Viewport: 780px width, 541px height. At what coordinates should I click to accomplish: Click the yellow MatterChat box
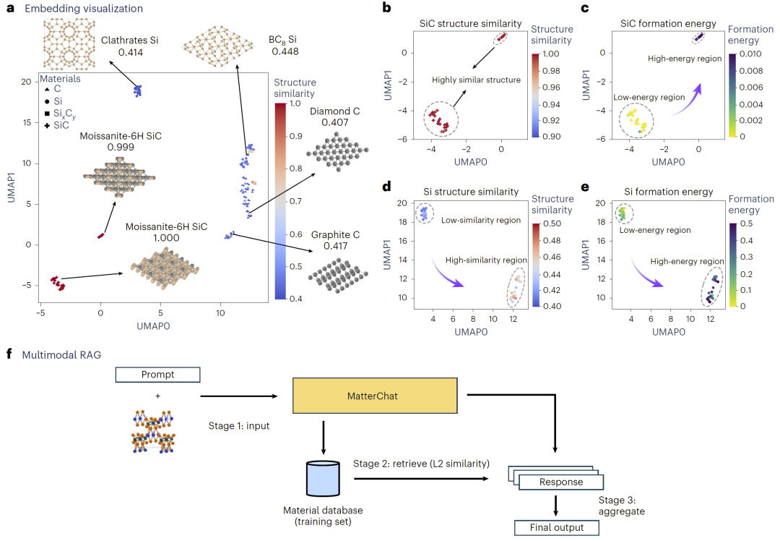[375, 395]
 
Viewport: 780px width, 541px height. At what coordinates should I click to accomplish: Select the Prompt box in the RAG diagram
[157, 375]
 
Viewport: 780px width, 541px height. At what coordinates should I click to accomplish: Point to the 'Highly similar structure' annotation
[476, 80]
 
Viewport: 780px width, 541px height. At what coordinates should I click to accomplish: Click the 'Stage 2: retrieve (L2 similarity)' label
[421, 462]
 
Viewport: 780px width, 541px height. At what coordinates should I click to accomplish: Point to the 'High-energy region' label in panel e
[685, 261]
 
